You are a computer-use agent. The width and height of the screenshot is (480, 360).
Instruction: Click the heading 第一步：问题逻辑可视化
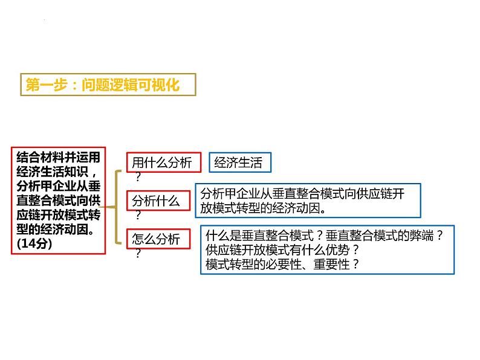point(103,85)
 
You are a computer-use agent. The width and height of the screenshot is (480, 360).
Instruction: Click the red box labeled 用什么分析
point(161,162)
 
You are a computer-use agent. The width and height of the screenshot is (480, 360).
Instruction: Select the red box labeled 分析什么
point(156,201)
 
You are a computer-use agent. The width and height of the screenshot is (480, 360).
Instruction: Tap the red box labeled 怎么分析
point(156,239)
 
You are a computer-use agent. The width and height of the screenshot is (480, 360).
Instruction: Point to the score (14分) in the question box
point(36,243)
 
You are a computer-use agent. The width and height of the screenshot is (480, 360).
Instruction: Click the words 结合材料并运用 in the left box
point(58,156)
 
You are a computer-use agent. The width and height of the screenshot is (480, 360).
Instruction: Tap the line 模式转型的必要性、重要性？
point(282,264)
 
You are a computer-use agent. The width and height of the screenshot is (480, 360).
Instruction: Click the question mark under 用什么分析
point(138,177)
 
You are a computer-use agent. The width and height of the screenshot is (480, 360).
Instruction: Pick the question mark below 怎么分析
point(138,254)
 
